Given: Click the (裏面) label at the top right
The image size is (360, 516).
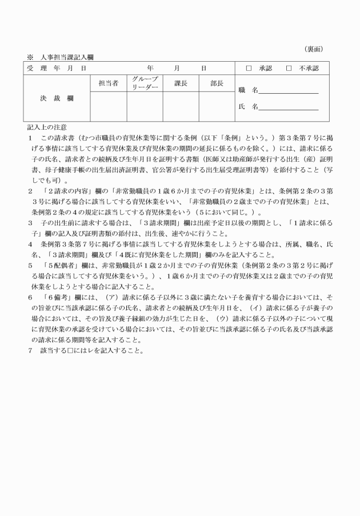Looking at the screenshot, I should pyautogui.click(x=313, y=49).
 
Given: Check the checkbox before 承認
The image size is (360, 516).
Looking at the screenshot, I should pyautogui.click(x=249, y=69).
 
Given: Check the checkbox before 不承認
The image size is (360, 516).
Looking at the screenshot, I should pyautogui.click(x=289, y=69).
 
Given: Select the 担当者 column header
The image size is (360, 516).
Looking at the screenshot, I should pyautogui.click(x=108, y=83).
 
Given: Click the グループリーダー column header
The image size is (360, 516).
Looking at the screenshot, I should pyautogui.click(x=145, y=83).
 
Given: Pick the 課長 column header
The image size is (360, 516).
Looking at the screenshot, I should pyautogui.click(x=181, y=83).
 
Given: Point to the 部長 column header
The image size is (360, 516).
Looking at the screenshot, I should pyautogui.click(x=217, y=83).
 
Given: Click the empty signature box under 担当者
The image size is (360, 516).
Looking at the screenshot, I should pyautogui.click(x=108, y=106).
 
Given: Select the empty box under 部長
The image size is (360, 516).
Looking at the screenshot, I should pyautogui.click(x=217, y=106).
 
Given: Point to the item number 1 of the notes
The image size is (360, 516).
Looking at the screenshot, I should pyautogui.click(x=30, y=138).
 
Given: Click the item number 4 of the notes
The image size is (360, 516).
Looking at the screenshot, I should pyautogui.click(x=30, y=244).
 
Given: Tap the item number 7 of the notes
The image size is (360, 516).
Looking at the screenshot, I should pyautogui.click(x=30, y=350).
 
